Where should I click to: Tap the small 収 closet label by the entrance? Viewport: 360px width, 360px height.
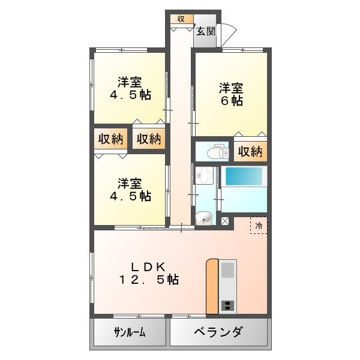[181, 19]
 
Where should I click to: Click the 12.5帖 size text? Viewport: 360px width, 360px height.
[148, 280]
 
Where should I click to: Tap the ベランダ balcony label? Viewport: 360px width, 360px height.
[218, 332]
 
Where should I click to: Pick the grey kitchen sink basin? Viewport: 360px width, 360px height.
[228, 269]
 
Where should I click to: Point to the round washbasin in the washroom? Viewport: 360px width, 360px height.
[204, 218]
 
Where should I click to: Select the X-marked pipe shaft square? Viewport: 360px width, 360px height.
[225, 221]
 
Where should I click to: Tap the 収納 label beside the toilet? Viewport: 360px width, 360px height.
[250, 152]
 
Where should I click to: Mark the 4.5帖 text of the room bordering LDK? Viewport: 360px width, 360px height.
[130, 196]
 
